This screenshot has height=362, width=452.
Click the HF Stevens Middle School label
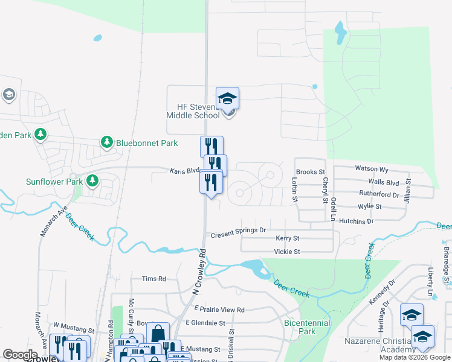click(194, 111)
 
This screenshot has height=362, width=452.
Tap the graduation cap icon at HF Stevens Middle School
click(227, 98)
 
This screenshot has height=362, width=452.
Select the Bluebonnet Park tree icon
click(107, 142)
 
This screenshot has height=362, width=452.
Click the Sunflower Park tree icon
click(92, 180)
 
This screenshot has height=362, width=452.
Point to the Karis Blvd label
click(184, 171)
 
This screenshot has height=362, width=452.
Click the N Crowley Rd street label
click(199, 271)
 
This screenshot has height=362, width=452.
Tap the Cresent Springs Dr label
click(238, 230)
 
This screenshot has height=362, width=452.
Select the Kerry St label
click(287, 239)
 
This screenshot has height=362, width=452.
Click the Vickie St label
click(286, 252)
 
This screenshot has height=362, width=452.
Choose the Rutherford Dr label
click(379, 195)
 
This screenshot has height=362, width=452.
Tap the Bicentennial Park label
click(308, 327)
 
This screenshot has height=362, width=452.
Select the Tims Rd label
click(153, 279)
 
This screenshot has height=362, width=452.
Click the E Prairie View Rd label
click(215, 310)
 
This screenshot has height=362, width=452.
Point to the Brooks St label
click(311, 172)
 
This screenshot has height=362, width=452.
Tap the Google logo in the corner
click(20, 355)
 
